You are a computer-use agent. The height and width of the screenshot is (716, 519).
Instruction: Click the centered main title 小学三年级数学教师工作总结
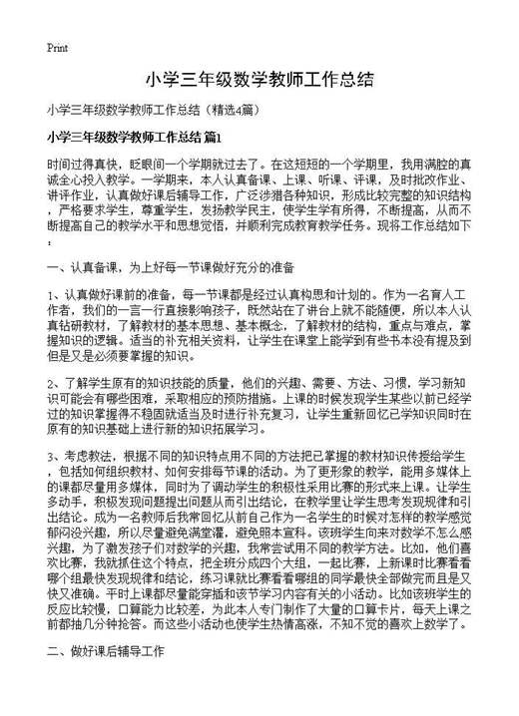click(x=259, y=78)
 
